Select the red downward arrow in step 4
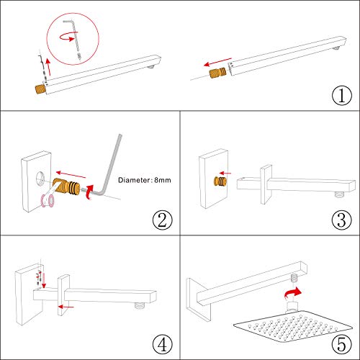coord(44,276)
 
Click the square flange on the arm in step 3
coord(264,180)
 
